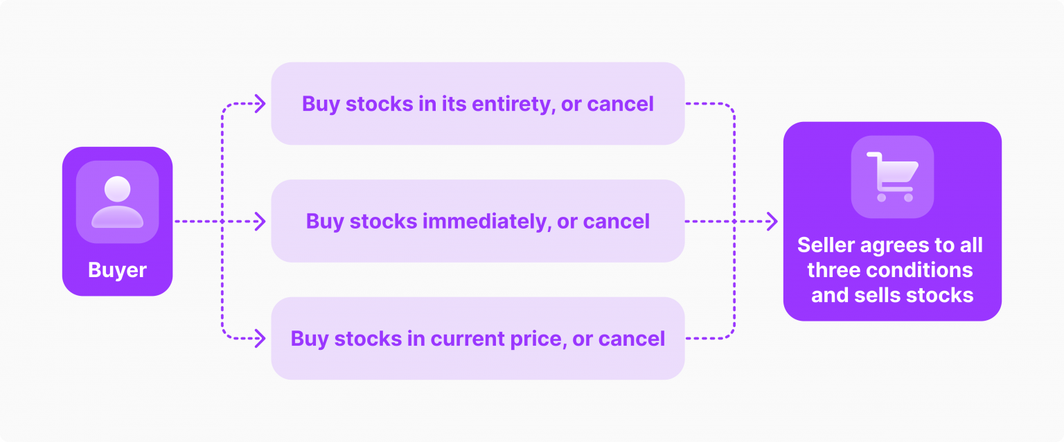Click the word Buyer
117,270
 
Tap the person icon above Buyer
117,202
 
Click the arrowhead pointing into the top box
260,104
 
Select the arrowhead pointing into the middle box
260,222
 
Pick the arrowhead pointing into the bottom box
260,339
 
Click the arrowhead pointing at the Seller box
772,222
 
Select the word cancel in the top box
620,104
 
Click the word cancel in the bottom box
632,339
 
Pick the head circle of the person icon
117,189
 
